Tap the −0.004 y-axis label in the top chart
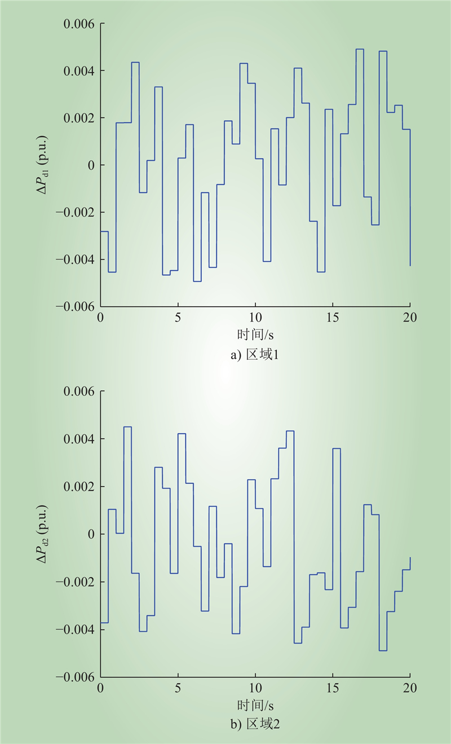[x=76, y=259]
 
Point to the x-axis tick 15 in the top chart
[x=333, y=317]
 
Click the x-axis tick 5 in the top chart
[x=178, y=317]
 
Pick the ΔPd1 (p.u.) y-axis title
[x=43, y=165]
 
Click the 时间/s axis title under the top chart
[x=255, y=334]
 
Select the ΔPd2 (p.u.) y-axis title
[x=43, y=534]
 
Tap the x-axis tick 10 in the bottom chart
[x=255, y=688]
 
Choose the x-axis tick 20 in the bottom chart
[x=410, y=688]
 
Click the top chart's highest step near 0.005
[x=360, y=49]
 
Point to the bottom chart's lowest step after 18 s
[x=383, y=650]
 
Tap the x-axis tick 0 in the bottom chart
[x=101, y=688]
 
